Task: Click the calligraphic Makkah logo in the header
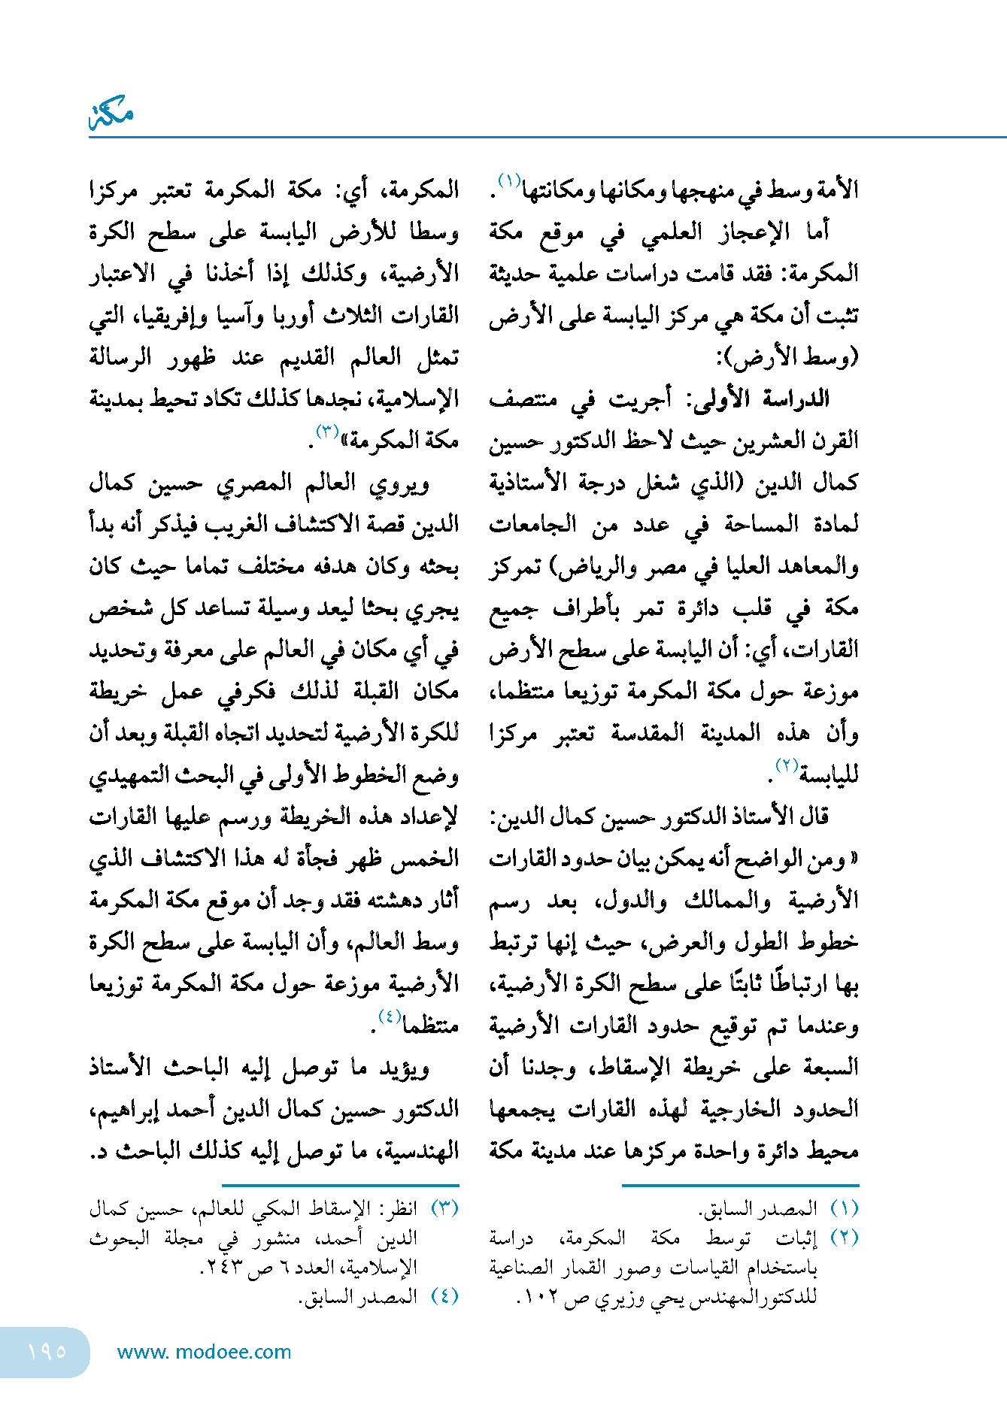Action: click(x=111, y=114)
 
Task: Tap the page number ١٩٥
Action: click(x=47, y=1352)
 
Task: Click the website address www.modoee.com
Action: click(x=204, y=1352)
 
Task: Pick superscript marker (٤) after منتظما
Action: click(x=389, y=1016)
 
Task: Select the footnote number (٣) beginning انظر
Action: click(x=444, y=1208)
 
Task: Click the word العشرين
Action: click(x=749, y=441)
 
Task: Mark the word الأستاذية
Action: click(x=526, y=483)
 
